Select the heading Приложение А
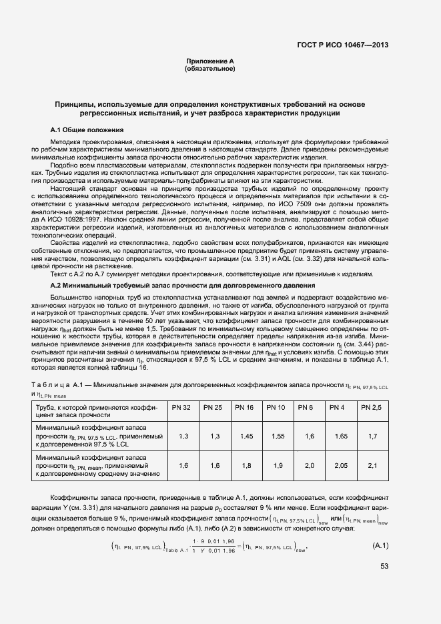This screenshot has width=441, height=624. pos(210,61)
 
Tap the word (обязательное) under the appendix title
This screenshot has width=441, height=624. pos(210,69)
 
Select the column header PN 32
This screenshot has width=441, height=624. pos(181,407)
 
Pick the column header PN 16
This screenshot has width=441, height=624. pos(245,407)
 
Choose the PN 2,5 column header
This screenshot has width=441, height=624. pos(372,407)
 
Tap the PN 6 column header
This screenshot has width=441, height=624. pos(306,407)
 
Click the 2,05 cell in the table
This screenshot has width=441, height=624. pos(340,466)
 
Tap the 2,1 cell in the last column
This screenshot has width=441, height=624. pos(372,466)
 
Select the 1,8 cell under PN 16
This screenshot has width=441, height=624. pos(246,466)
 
